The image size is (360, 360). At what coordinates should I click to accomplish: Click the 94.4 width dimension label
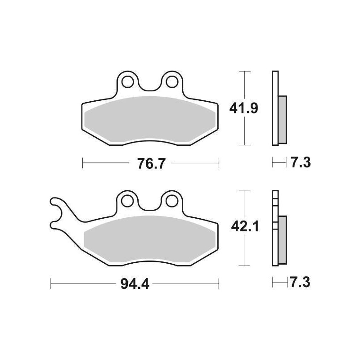tap(135, 284)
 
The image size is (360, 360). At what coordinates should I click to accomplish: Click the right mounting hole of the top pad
tap(172, 82)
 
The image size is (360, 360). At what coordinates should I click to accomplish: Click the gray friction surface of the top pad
tap(150, 119)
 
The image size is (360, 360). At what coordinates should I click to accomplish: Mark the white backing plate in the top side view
tap(275, 108)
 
